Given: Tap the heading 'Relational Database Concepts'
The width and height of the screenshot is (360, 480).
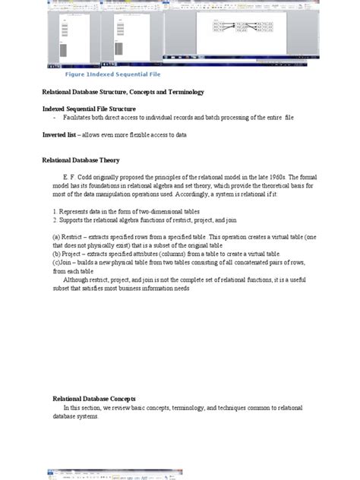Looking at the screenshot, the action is (94, 398).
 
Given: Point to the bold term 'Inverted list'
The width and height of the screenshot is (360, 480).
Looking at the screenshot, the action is (59, 134).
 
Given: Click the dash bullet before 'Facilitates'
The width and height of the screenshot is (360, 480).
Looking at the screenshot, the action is (55, 118).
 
